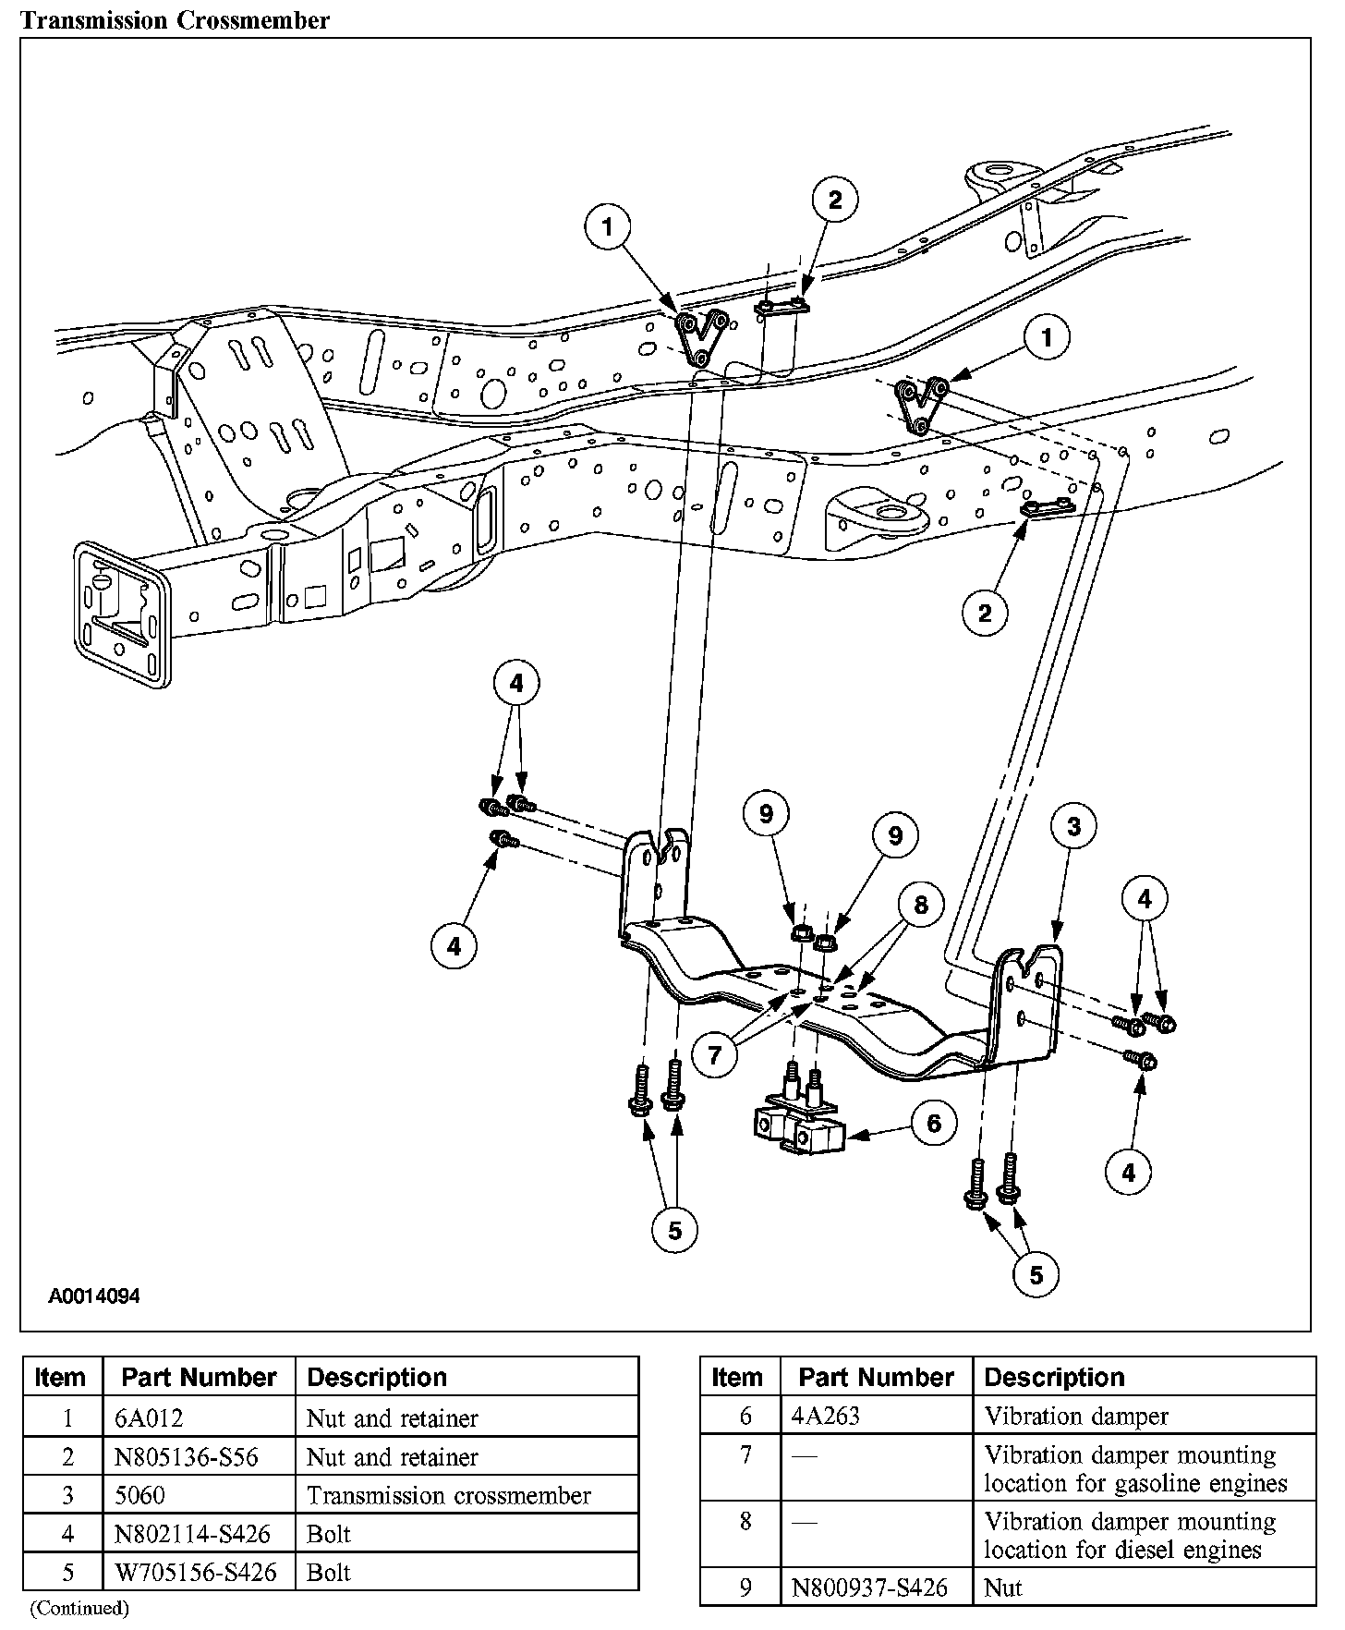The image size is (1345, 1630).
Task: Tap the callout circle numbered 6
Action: (x=933, y=1123)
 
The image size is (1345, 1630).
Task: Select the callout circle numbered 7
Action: (x=715, y=1052)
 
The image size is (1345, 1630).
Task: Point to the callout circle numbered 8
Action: (x=920, y=904)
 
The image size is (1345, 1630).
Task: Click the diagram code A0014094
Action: (x=94, y=1296)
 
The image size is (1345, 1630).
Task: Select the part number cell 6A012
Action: (x=143, y=1418)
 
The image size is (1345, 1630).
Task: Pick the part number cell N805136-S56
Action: (x=186, y=1457)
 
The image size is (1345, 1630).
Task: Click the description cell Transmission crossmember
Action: (x=448, y=1496)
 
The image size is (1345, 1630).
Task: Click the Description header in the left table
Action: (x=377, y=1378)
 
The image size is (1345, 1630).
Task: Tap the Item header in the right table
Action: (x=737, y=1378)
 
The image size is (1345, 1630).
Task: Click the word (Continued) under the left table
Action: (x=79, y=1609)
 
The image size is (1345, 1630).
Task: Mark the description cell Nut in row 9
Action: (x=1003, y=1587)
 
